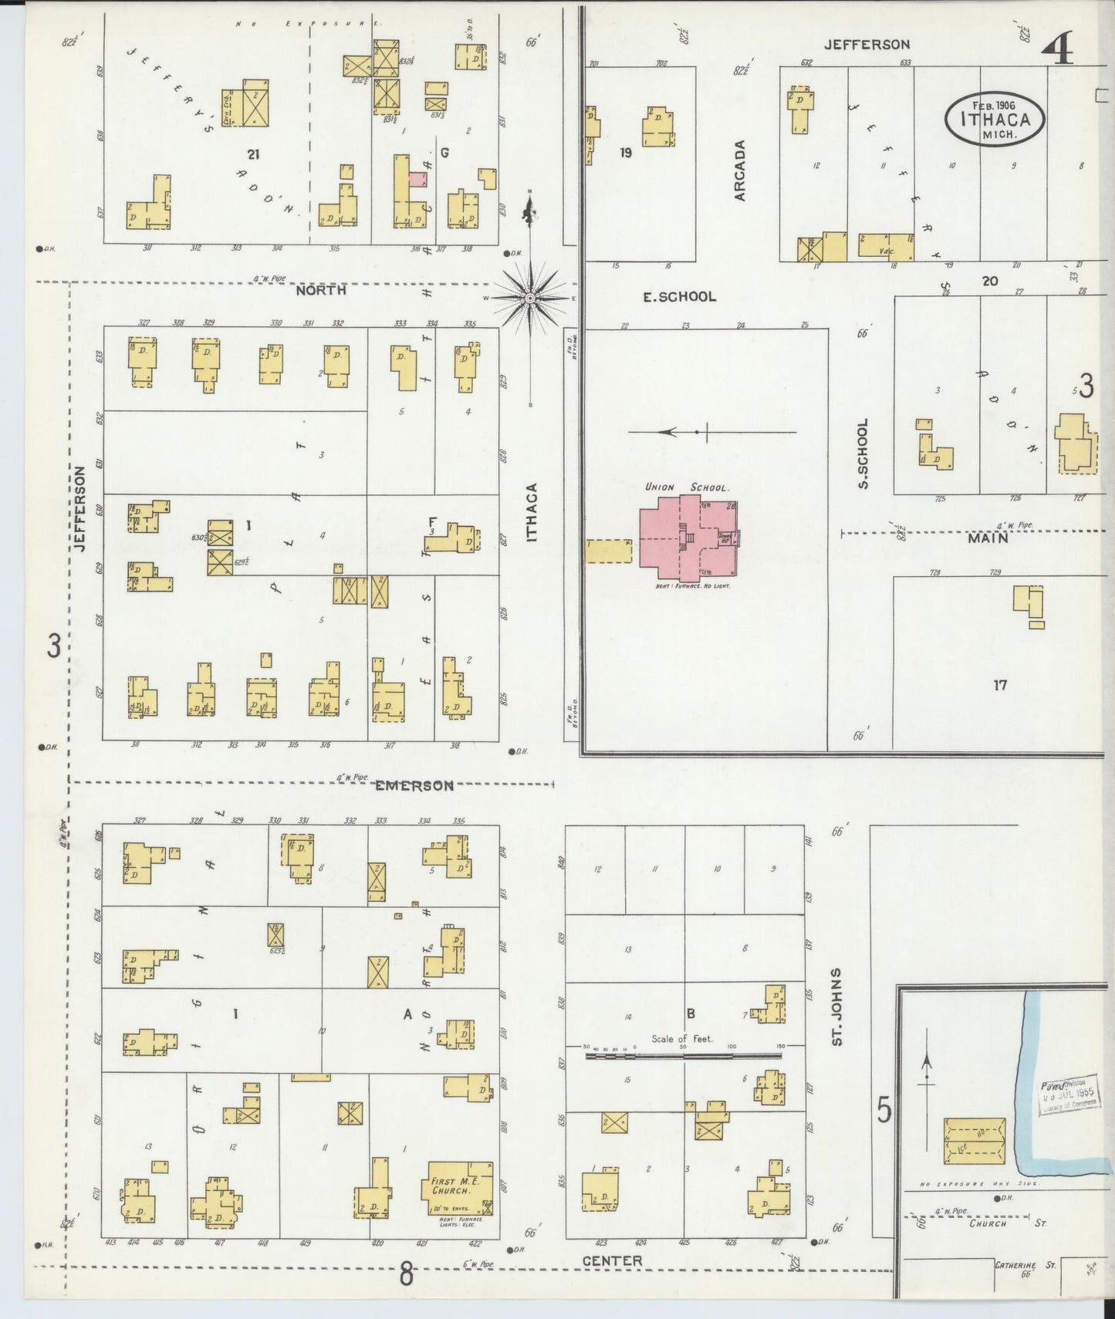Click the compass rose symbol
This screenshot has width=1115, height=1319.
coord(530,298)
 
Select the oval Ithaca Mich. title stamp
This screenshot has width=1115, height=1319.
coord(995,118)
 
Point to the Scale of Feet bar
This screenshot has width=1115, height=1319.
coord(682,1054)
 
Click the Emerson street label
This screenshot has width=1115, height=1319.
coord(414,785)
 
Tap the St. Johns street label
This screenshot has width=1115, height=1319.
coord(836,1007)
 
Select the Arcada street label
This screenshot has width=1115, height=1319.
coord(740,170)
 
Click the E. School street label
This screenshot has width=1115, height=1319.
coord(680,296)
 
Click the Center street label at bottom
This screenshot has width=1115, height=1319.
coord(612,1261)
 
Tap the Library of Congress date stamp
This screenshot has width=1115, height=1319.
coord(1068,1095)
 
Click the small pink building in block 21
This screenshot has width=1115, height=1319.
coord(417,180)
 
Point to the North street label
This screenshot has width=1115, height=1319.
coord(321,291)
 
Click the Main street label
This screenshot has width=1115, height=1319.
coord(988,538)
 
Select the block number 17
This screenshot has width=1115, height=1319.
coord(1000,684)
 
